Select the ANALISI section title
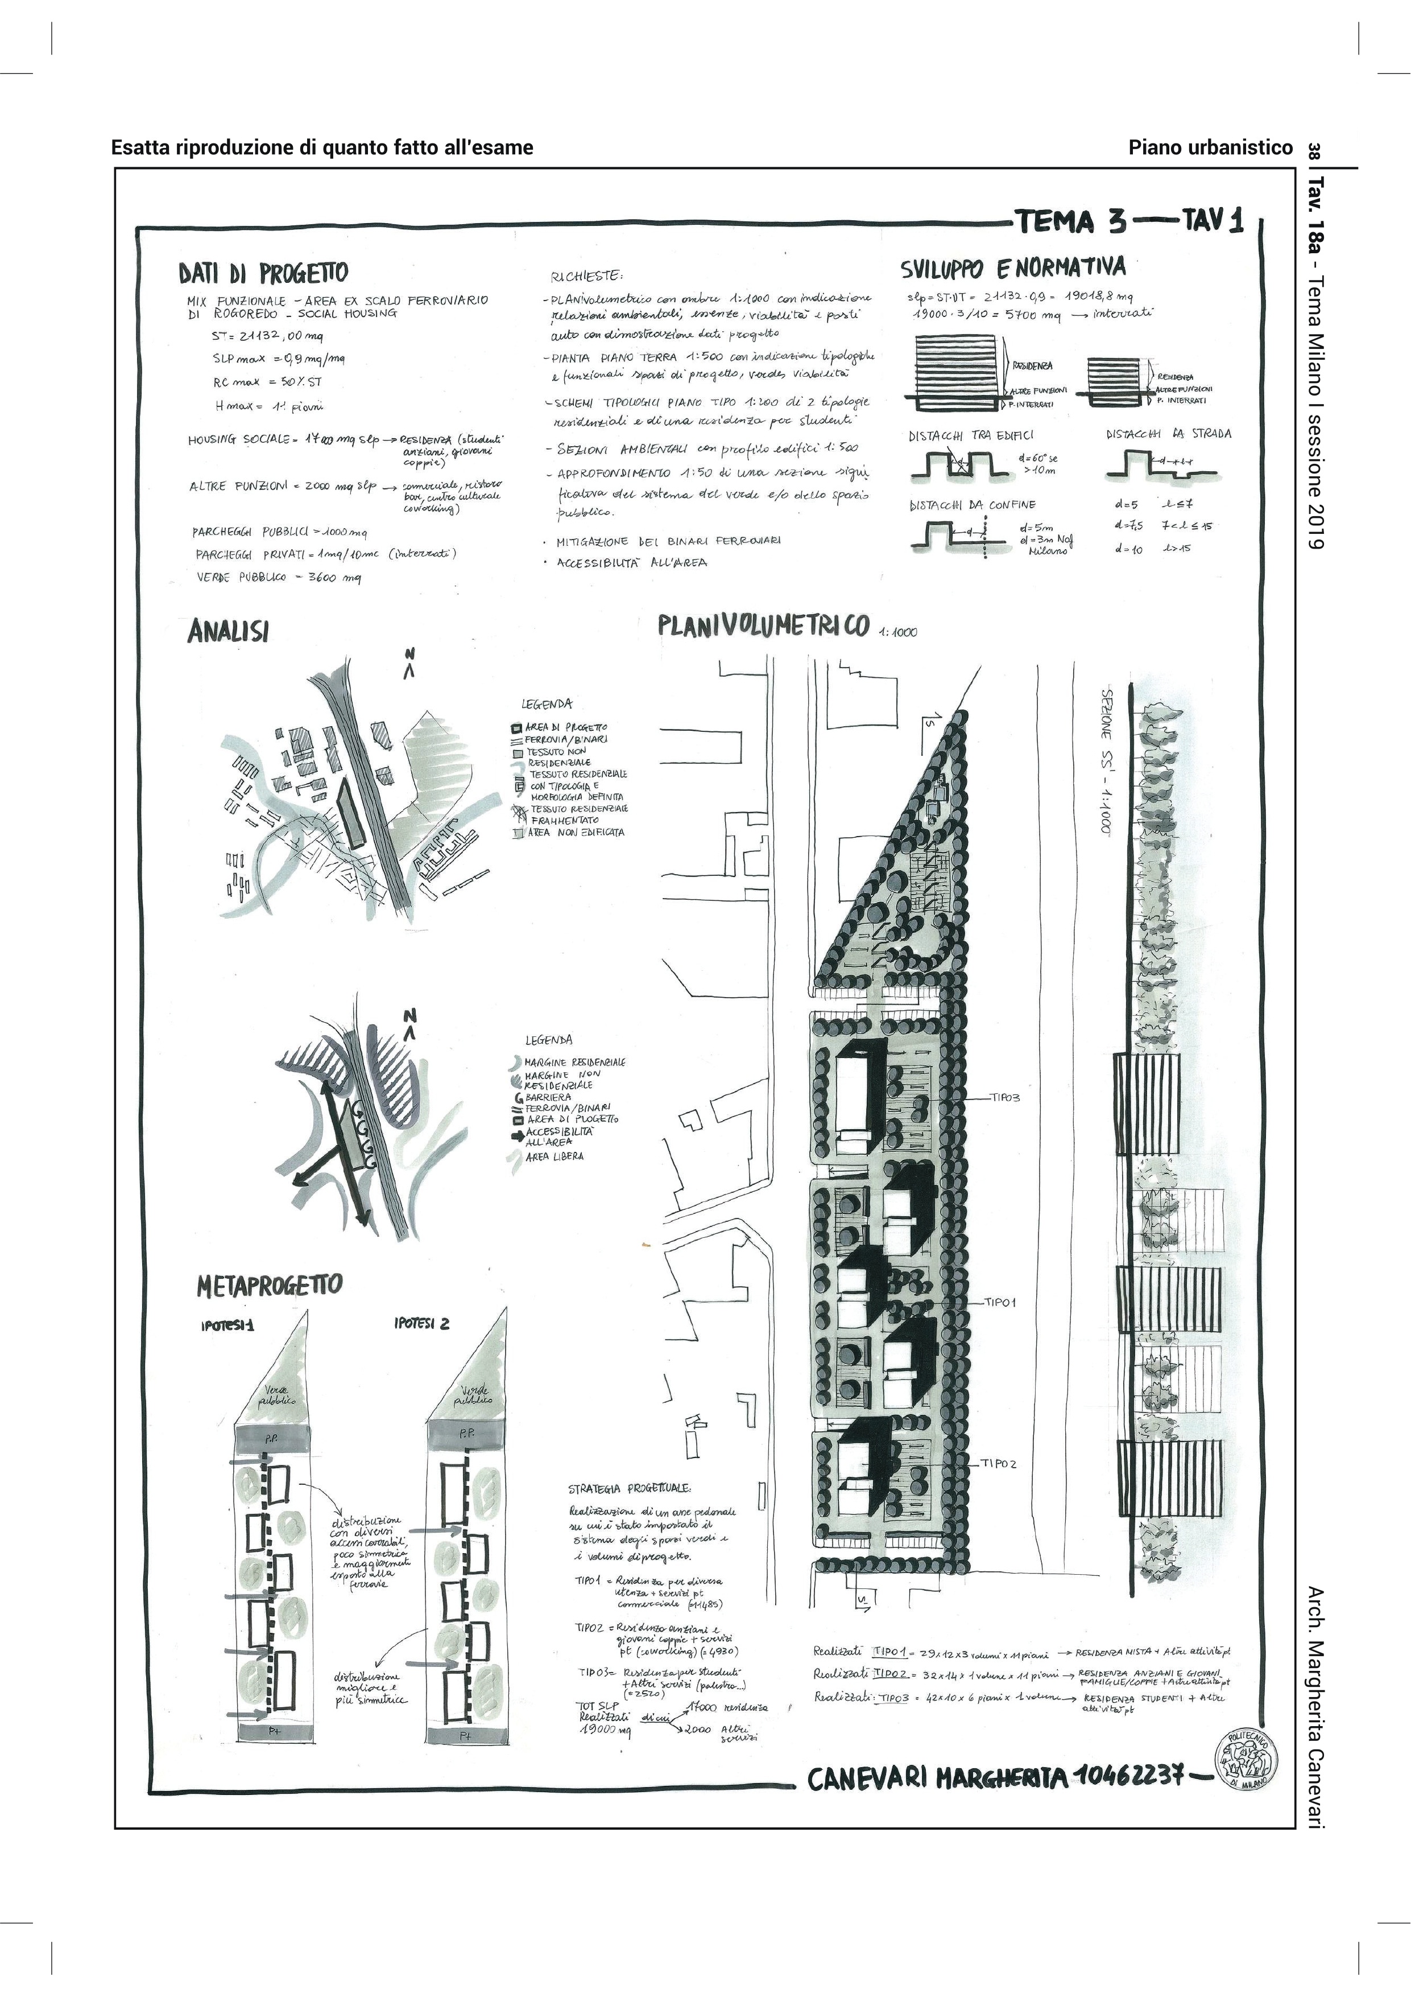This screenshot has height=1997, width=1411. tap(228, 632)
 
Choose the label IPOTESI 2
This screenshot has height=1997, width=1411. tap(421, 1324)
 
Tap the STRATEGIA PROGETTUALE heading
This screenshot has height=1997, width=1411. tap(630, 1488)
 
